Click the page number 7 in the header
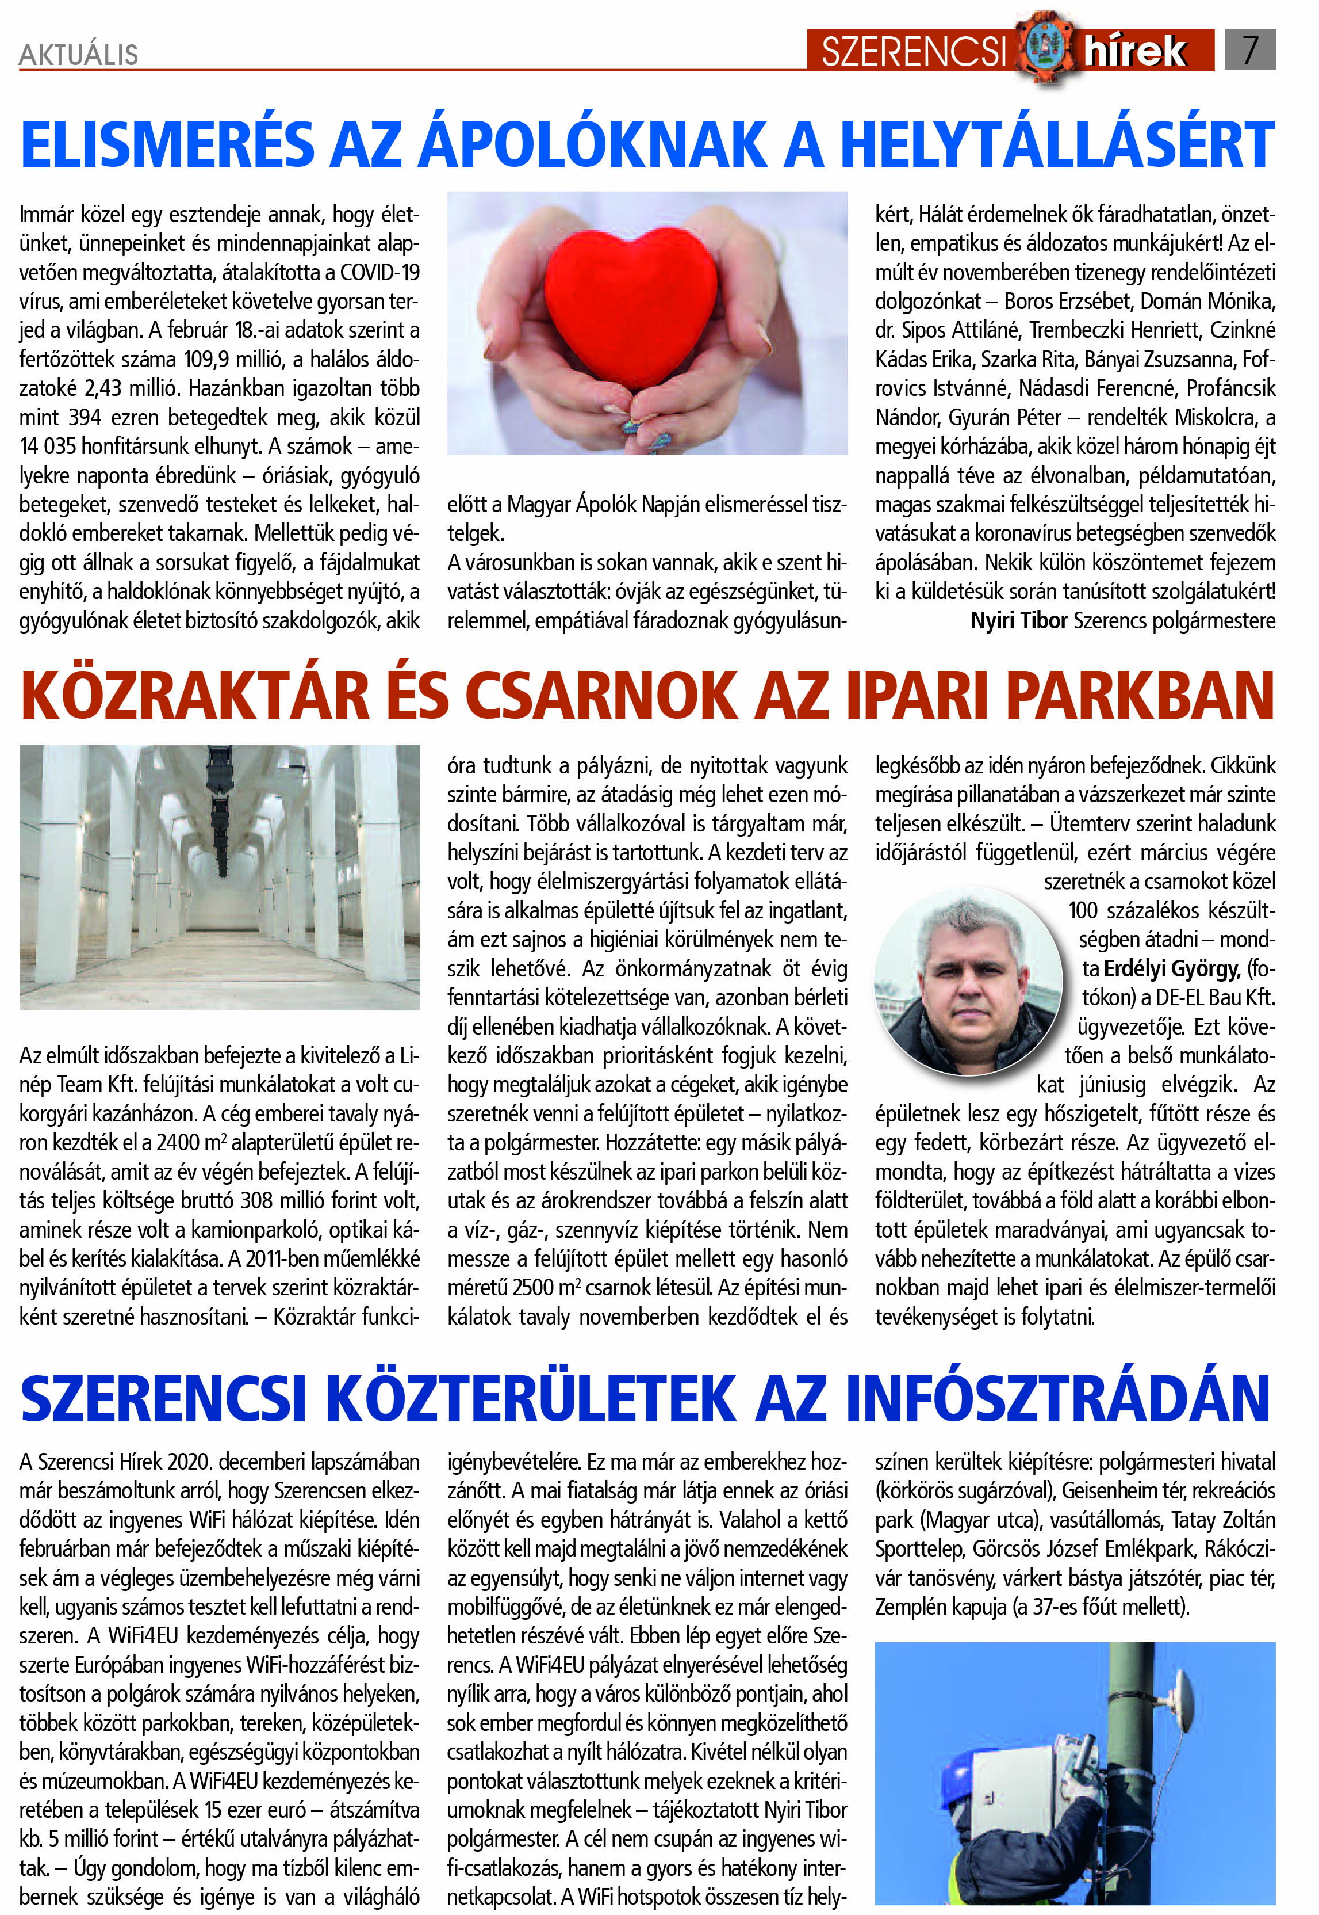(1249, 49)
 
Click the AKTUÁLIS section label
(79, 55)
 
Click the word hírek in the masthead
(1136, 51)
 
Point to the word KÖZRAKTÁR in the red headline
(194, 696)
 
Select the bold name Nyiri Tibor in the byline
(1019, 620)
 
